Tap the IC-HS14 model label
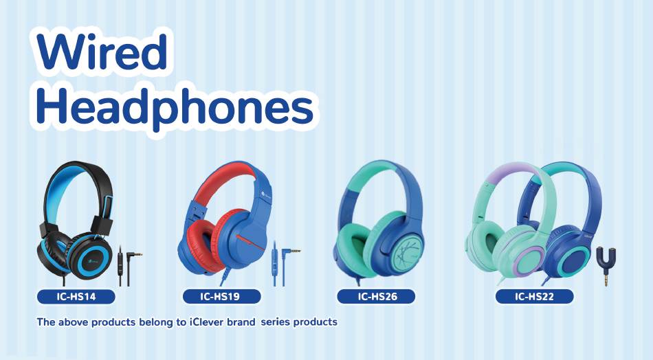coord(76,297)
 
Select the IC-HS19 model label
coord(222,297)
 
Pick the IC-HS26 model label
coord(376,297)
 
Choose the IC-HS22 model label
coord(534,297)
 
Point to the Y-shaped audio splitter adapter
coord(606,265)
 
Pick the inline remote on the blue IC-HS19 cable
coord(275,255)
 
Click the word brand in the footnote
coord(241,322)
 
